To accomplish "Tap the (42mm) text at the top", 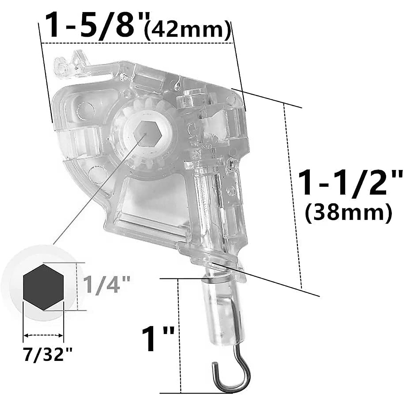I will (x=187, y=30).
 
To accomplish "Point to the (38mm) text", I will (x=348, y=213).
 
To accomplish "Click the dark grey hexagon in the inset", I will (x=43, y=287).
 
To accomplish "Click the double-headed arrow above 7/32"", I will (x=43, y=335).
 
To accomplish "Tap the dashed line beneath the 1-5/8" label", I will (x=135, y=43).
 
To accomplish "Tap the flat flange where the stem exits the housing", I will (x=209, y=256).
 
